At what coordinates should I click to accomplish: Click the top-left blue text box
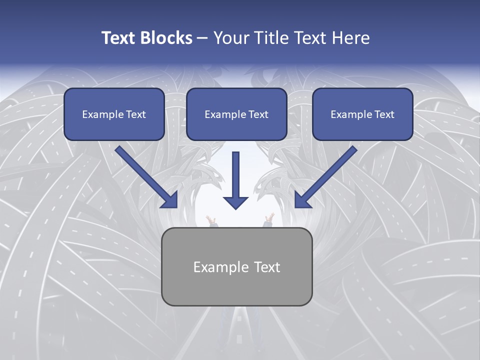point(114,114)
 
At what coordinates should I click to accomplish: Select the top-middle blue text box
point(236,114)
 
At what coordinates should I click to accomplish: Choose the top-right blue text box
point(362,114)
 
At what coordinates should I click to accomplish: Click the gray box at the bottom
point(237,266)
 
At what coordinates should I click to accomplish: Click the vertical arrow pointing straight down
point(235,175)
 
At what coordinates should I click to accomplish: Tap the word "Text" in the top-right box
point(384,114)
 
